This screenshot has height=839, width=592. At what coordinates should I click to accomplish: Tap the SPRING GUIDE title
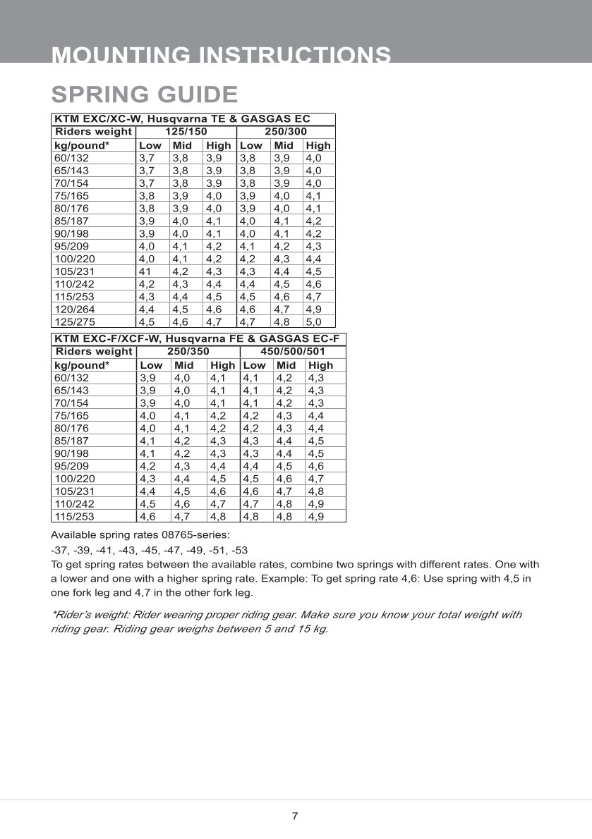pos(145,94)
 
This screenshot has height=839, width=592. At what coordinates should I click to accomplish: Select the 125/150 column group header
pos(186,132)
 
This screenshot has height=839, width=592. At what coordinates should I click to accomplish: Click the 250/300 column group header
pos(285,132)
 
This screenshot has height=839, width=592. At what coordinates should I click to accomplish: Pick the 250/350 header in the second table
pos(188,351)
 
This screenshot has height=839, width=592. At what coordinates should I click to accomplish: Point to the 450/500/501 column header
pos(293,351)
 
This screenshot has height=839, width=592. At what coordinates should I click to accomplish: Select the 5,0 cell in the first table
pos(313,322)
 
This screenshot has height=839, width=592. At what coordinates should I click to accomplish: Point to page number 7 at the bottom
pos(295,816)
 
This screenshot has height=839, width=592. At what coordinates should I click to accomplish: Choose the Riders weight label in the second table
pos(93,351)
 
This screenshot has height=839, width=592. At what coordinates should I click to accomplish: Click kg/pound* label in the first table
pos(82,145)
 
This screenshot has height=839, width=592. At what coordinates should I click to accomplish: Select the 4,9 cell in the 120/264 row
pos(313,310)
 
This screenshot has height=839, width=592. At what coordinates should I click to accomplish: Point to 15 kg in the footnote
pos(313,628)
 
